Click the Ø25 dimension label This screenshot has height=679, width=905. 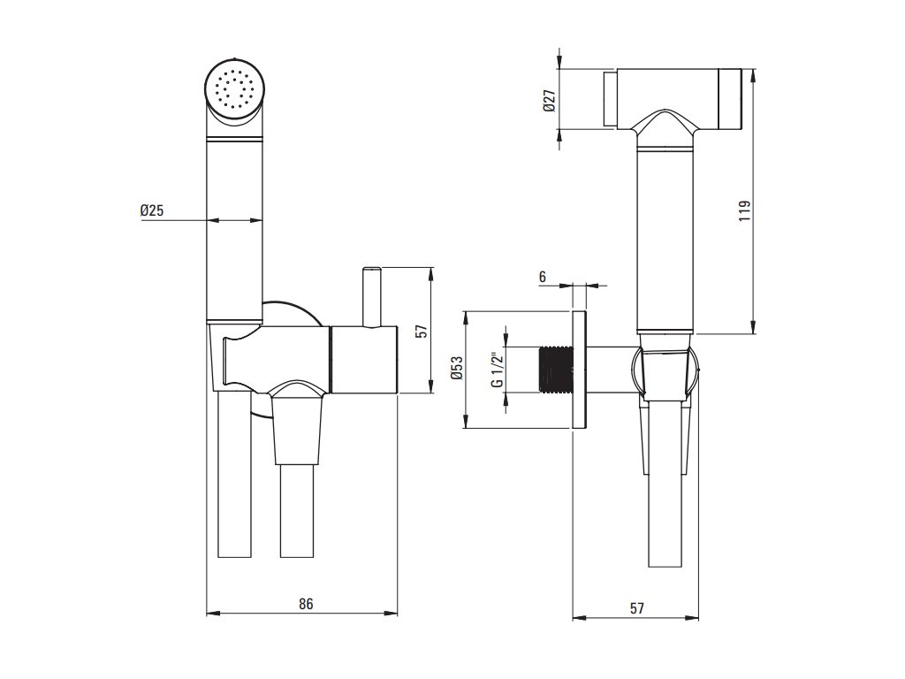(x=152, y=210)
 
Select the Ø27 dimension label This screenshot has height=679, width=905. (x=550, y=101)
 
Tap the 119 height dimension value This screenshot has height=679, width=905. (x=745, y=210)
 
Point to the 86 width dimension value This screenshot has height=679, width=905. (x=306, y=604)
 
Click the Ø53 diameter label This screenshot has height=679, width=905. (x=457, y=368)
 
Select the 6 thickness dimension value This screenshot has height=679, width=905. (x=542, y=277)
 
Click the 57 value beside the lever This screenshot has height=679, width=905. (x=422, y=332)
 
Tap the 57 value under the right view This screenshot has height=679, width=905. (x=636, y=608)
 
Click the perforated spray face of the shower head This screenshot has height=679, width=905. (x=235, y=89)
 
